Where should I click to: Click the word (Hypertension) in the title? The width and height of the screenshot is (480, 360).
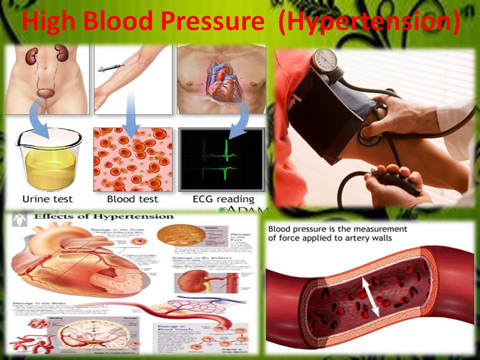[x=368, y=23]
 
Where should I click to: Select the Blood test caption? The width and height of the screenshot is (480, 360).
[x=132, y=198]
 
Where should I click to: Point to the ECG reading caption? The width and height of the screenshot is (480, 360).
[x=223, y=199]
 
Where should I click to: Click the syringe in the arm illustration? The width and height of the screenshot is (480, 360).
[x=110, y=67]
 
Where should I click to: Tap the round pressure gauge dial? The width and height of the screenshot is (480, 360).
[x=323, y=60]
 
